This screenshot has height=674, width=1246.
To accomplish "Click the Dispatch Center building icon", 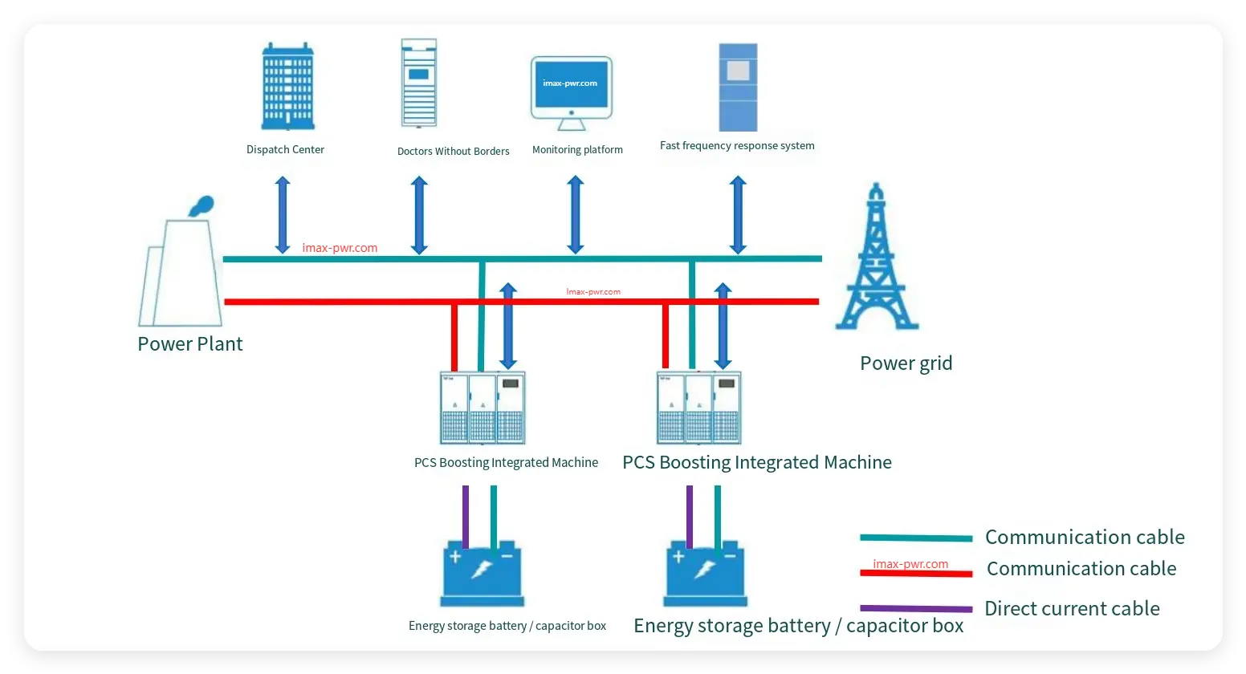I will (x=287, y=87).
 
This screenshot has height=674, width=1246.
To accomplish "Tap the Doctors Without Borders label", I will (x=453, y=151).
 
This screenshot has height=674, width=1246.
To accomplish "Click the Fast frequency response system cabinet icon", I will (x=738, y=87).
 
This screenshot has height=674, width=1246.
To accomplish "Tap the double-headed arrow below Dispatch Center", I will (x=283, y=215).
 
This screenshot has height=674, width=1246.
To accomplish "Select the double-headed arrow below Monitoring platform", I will (x=575, y=215).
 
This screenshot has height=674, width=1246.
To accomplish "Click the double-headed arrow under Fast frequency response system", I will (x=738, y=215).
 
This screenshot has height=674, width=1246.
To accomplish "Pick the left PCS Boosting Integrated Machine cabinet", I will (x=483, y=408).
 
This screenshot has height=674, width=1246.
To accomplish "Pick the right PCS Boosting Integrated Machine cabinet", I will (x=698, y=408).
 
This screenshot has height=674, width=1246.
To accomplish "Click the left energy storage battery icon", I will (x=482, y=573).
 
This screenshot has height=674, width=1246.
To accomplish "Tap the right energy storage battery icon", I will (x=705, y=573).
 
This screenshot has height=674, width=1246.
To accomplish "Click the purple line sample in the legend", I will (x=915, y=609).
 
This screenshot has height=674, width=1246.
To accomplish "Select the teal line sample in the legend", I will (x=915, y=538).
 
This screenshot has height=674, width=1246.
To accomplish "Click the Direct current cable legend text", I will (x=1072, y=609).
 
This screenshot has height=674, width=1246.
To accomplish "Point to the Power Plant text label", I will (x=189, y=344).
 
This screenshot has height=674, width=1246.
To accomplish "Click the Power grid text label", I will (x=906, y=363).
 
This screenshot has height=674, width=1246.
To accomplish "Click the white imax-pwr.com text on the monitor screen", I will (x=570, y=83).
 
